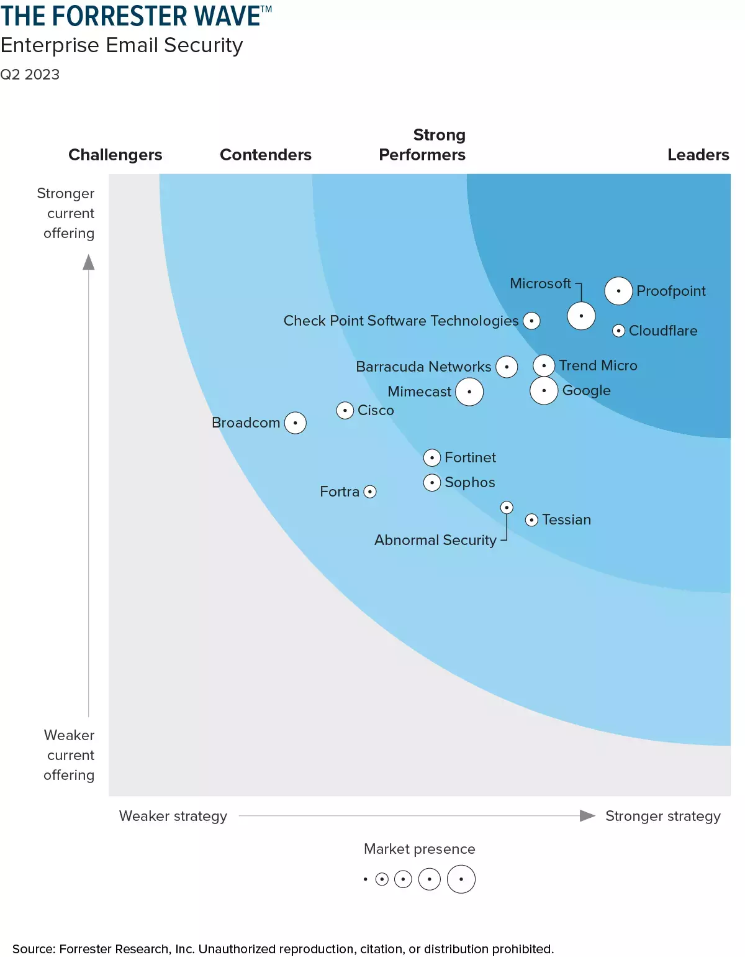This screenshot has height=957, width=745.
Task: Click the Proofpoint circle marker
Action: (x=618, y=291)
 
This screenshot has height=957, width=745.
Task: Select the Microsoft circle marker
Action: (x=581, y=316)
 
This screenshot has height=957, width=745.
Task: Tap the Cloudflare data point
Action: (x=618, y=331)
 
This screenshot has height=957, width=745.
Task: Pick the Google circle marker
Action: (x=544, y=390)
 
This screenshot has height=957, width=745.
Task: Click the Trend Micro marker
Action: (x=544, y=365)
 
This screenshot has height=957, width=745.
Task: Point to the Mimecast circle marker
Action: (x=469, y=391)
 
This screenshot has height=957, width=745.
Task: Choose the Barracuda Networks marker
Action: (x=507, y=367)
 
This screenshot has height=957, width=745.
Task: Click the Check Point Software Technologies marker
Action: (x=531, y=321)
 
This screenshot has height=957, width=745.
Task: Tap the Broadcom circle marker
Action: (x=296, y=423)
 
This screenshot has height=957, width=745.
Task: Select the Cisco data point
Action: (x=345, y=410)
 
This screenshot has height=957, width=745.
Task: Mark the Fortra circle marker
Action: (x=370, y=492)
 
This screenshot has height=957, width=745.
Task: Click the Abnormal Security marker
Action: (x=507, y=508)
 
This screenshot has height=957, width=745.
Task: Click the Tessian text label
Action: (x=566, y=520)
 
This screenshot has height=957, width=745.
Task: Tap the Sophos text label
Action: (x=470, y=482)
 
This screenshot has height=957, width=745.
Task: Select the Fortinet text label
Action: (x=470, y=457)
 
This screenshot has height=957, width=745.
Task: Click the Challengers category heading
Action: (x=115, y=155)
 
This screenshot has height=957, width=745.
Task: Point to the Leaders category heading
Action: (x=698, y=155)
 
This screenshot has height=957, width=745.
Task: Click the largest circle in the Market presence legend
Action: (x=461, y=879)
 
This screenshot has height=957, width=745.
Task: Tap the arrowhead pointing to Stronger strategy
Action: (x=587, y=815)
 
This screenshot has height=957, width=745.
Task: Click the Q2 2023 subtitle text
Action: (x=30, y=75)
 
